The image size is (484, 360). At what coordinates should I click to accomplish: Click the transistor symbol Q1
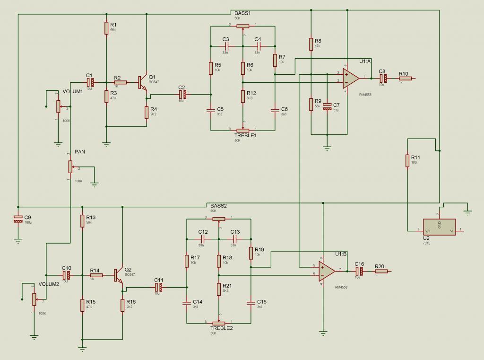[142, 83]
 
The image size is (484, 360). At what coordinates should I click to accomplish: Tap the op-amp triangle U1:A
[350, 78]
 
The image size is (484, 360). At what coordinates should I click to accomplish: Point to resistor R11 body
[407, 160]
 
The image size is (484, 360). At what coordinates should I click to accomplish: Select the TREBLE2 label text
[222, 328]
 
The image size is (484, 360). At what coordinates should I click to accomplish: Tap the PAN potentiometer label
[79, 152]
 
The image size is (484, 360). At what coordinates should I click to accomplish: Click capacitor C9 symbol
[18, 219]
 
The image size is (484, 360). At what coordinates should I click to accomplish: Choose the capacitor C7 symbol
[327, 107]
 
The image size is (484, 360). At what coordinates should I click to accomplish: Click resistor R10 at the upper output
[405, 79]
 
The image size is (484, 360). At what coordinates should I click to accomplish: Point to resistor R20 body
[381, 271]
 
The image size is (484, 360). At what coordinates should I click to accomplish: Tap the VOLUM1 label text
[73, 92]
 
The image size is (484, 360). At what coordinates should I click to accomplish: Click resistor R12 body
[242, 96]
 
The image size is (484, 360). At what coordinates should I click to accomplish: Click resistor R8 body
[311, 44]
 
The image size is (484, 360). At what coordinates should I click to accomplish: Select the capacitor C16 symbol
[359, 271]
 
